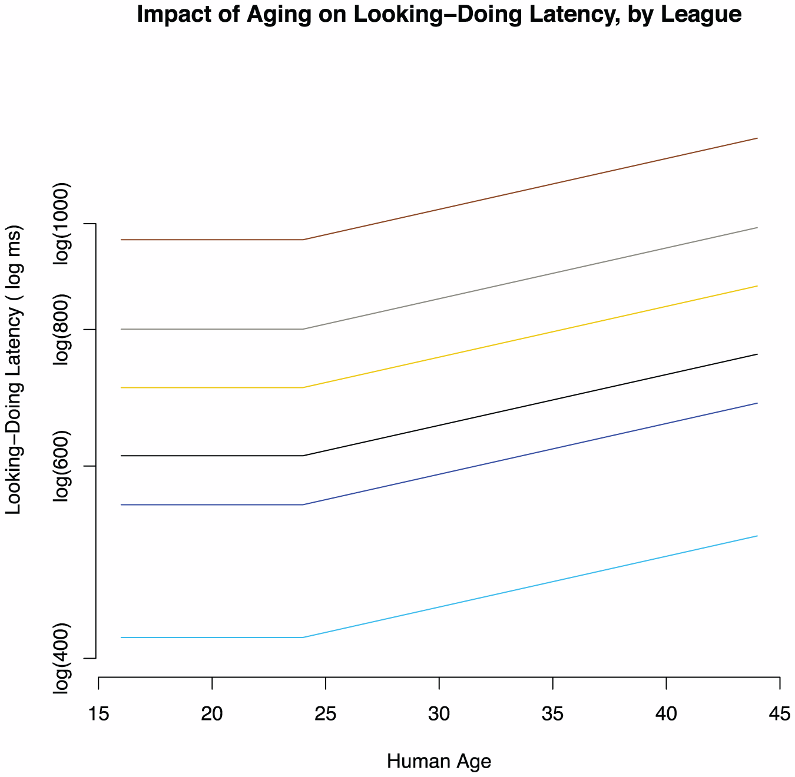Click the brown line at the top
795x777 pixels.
pos(530,189)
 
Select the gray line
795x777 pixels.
pos(530,278)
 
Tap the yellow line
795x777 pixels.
pos(530,337)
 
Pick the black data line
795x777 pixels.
pos(530,405)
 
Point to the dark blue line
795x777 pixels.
pos(530,454)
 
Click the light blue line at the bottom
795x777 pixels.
pos(530,587)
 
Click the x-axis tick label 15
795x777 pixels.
pos(98,715)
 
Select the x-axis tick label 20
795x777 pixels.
pos(212,715)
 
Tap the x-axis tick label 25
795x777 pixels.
pos(326,715)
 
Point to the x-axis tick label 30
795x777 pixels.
pos(439,715)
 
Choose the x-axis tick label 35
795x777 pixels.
pos(552,715)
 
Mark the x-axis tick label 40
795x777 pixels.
pos(666,715)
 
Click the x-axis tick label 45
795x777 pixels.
pos(780,715)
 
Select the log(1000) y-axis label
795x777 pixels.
pos(62,224)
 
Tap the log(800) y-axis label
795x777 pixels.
pos(62,330)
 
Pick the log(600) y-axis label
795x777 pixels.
pos(62,466)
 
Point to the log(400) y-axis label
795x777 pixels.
pos(62,658)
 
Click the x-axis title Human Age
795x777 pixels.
pos(439,762)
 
